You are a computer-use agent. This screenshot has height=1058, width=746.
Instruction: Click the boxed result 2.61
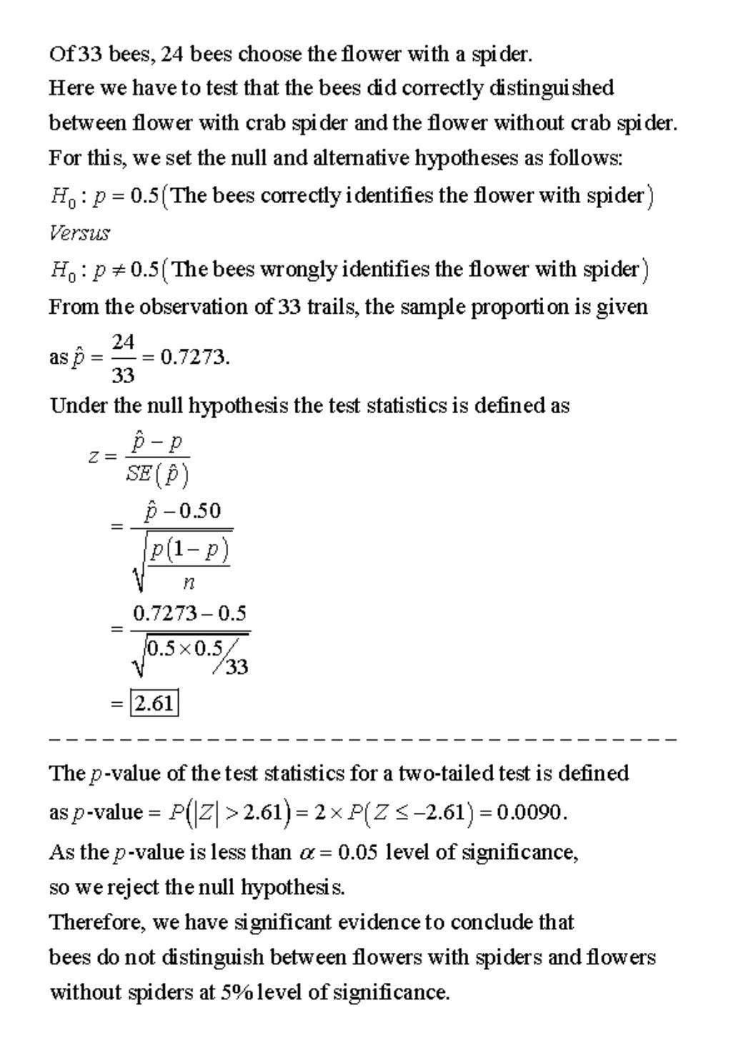point(154,703)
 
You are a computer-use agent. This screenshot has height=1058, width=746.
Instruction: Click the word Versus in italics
point(79,233)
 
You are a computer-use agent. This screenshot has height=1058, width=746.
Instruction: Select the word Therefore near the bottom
point(96,922)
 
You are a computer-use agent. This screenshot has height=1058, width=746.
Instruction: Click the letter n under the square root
point(189,583)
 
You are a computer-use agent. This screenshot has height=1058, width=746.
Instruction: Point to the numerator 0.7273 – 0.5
point(189,613)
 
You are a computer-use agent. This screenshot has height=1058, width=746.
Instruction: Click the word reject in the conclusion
point(135,887)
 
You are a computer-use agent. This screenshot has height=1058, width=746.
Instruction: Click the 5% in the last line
point(233,992)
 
